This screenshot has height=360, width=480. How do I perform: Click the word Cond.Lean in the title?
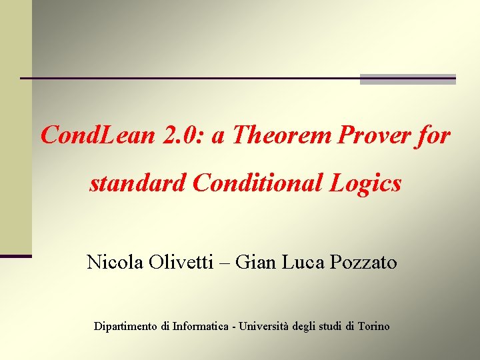tap(97, 136)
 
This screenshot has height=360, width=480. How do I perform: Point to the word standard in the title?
tap(138, 183)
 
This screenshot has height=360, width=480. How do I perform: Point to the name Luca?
tap(305, 263)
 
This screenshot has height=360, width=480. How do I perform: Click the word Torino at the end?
tap(373, 327)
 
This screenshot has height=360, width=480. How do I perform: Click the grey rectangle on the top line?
tap(407, 79)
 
